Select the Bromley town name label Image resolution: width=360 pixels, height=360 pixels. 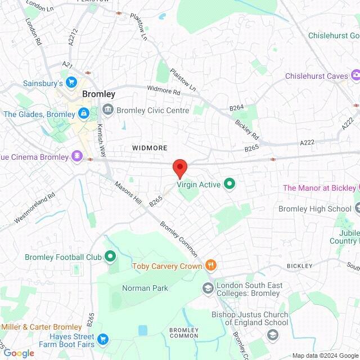point(98,94)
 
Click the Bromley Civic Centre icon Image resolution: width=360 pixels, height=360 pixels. point(107,110)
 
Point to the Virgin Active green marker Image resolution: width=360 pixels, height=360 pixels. point(229,184)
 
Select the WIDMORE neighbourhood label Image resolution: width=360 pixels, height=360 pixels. point(150,148)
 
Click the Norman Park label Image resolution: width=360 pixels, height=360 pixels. point(145,288)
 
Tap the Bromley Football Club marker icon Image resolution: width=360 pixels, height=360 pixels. point(110,258)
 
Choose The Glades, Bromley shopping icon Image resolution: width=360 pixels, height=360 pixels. point(83,114)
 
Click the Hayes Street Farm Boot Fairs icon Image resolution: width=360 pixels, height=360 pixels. point(102,339)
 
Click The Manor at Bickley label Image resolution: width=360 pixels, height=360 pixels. point(319,188)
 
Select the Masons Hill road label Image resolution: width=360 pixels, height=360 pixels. point(128,193)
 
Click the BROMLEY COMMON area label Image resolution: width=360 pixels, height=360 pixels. point(184,332)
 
